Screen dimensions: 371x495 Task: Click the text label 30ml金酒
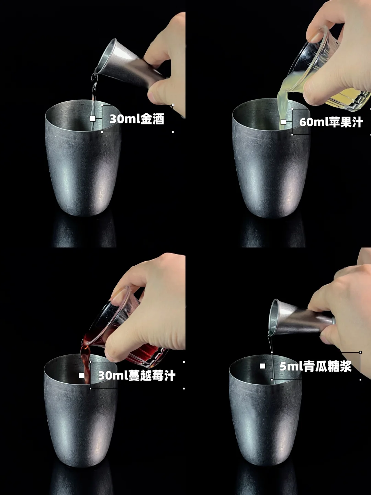(x=137, y=119)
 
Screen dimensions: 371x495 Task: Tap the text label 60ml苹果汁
(x=331, y=122)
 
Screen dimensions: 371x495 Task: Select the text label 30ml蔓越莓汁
(x=137, y=375)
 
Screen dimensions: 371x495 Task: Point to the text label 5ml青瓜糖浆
(x=316, y=366)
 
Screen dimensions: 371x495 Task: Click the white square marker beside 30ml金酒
(x=93, y=119)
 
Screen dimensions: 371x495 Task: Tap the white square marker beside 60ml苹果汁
(x=283, y=122)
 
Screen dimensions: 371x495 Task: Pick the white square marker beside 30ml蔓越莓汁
(x=81, y=375)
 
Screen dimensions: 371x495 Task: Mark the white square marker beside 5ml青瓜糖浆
(x=262, y=366)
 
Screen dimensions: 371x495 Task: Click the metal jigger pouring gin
(x=131, y=63)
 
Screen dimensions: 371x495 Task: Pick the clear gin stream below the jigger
(x=94, y=101)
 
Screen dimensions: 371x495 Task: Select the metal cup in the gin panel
(x=83, y=158)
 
